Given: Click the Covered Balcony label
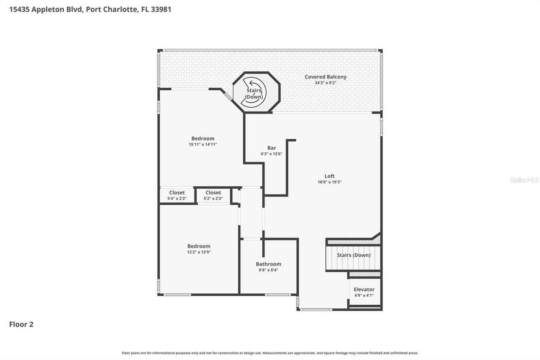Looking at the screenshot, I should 325,77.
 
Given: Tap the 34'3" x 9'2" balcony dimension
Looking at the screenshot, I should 325,83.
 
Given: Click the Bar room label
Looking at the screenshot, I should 271,148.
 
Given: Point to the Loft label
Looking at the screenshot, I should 329,176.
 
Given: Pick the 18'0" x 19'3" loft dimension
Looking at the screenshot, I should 329,182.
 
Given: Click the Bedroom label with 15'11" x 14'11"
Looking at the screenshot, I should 202,138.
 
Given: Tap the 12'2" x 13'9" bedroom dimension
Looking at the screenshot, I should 199,252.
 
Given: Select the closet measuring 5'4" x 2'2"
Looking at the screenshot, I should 177,195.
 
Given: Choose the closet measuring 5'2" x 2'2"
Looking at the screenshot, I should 213,195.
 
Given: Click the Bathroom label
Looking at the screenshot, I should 268,264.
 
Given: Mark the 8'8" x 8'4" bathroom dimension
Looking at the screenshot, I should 268,270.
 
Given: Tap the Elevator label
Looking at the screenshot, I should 364,290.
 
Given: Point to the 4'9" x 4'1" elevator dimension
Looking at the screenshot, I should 364,295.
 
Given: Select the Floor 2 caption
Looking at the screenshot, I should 21,324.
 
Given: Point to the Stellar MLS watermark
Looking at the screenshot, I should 524,180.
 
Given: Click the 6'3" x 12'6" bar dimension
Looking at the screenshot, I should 271,154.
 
